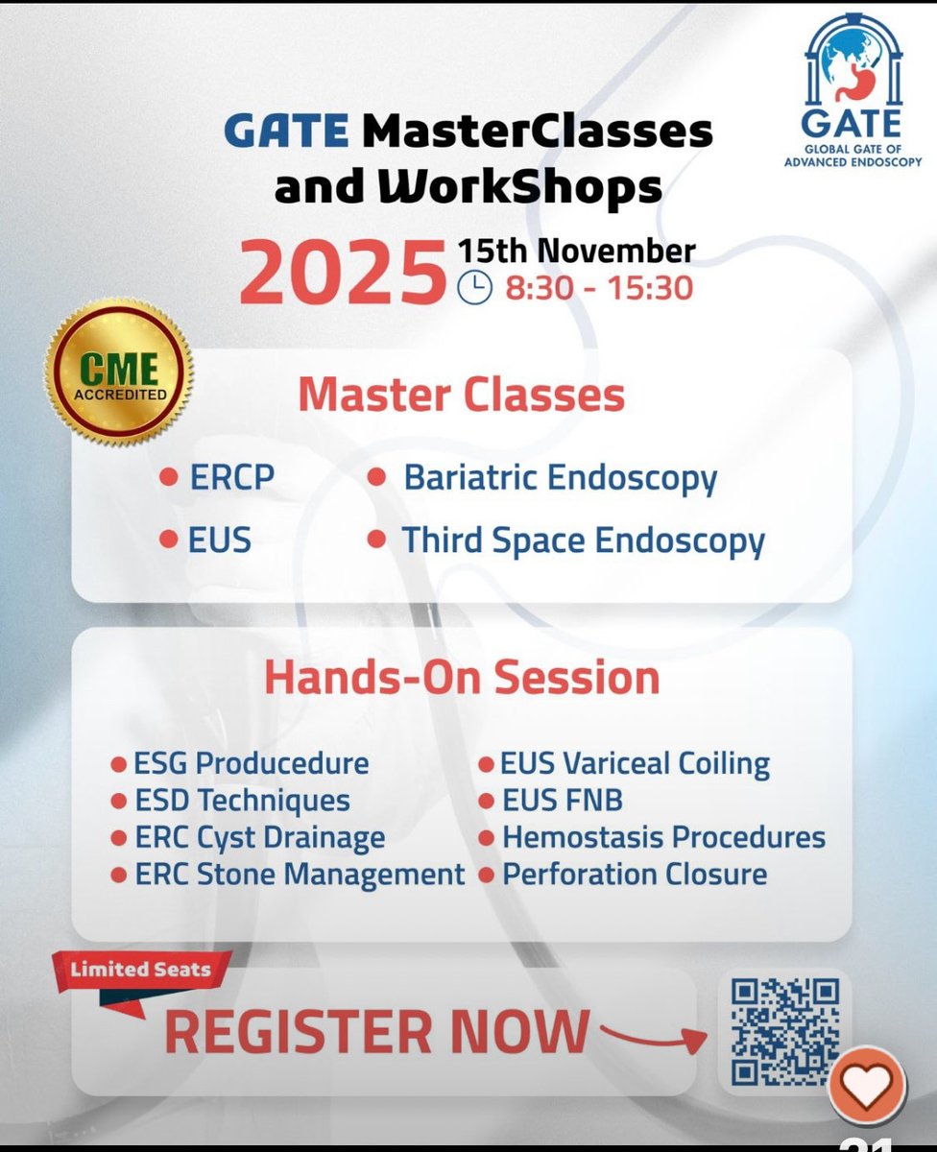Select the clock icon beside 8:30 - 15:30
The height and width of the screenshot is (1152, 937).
473,287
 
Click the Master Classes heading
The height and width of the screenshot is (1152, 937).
461,395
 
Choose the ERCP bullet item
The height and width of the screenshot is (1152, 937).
231,478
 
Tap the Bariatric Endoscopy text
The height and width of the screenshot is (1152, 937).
560,478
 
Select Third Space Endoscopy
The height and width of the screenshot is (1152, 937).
583,540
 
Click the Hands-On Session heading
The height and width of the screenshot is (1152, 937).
462,678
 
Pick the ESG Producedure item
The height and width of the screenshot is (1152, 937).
251,764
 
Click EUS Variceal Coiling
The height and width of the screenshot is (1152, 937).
635,764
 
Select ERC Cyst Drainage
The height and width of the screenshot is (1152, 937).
259,837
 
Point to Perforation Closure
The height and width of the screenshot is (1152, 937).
635,875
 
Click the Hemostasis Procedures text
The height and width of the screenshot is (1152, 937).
663,837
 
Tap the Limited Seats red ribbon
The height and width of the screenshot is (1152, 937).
141,970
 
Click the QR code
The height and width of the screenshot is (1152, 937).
784,1031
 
